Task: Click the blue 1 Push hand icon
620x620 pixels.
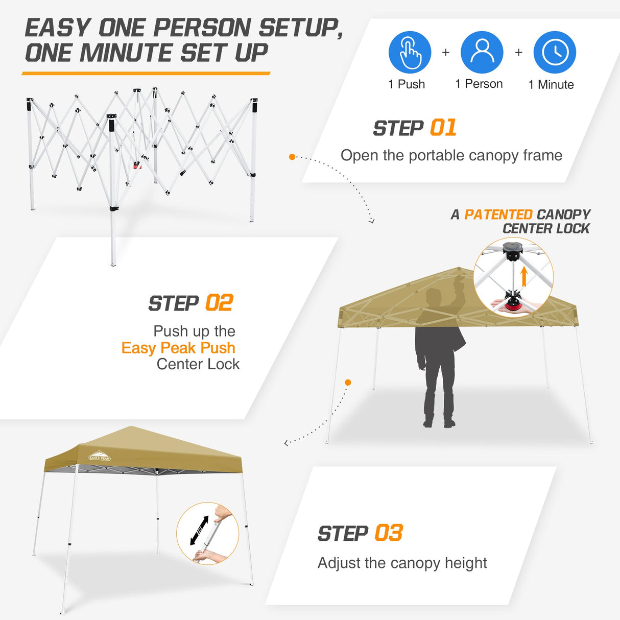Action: (x=410, y=53)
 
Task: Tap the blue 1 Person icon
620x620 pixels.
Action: (x=482, y=53)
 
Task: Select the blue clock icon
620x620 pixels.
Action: (x=555, y=53)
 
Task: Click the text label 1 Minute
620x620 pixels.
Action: (x=551, y=85)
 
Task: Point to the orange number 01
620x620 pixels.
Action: (x=443, y=128)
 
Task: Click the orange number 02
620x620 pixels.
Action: (x=219, y=303)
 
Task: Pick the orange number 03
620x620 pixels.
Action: (x=389, y=533)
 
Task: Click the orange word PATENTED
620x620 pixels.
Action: (x=498, y=214)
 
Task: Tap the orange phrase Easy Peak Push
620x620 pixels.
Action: (x=178, y=348)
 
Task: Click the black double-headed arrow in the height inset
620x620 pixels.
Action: (x=199, y=530)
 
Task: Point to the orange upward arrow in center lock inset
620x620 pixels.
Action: (x=523, y=276)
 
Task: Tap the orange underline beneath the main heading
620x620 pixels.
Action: (x=146, y=74)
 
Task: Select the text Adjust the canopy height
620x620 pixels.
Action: (x=402, y=563)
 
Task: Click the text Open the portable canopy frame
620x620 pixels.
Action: (x=451, y=155)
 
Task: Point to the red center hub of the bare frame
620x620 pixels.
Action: (x=137, y=165)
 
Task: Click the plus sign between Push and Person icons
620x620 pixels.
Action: (x=446, y=53)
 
